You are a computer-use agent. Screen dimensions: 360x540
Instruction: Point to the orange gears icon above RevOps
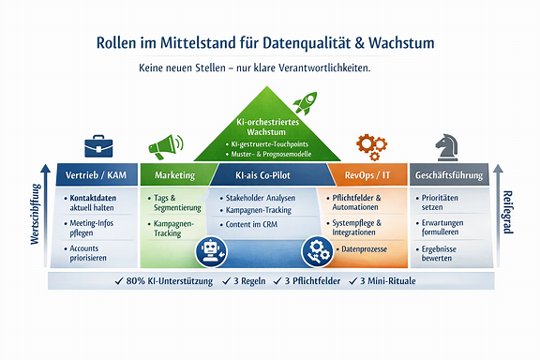(x=371, y=146)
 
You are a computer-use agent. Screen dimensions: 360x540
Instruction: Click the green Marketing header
(x=175, y=174)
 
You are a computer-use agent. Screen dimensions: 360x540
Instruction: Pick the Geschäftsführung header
(x=450, y=174)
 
